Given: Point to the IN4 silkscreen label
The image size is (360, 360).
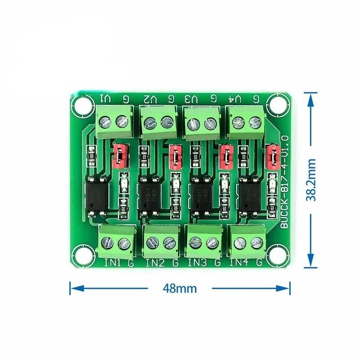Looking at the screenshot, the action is (x=239, y=262).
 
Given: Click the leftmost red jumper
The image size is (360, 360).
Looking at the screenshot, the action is (x=120, y=154).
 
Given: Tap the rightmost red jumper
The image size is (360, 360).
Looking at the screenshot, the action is (x=272, y=155).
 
